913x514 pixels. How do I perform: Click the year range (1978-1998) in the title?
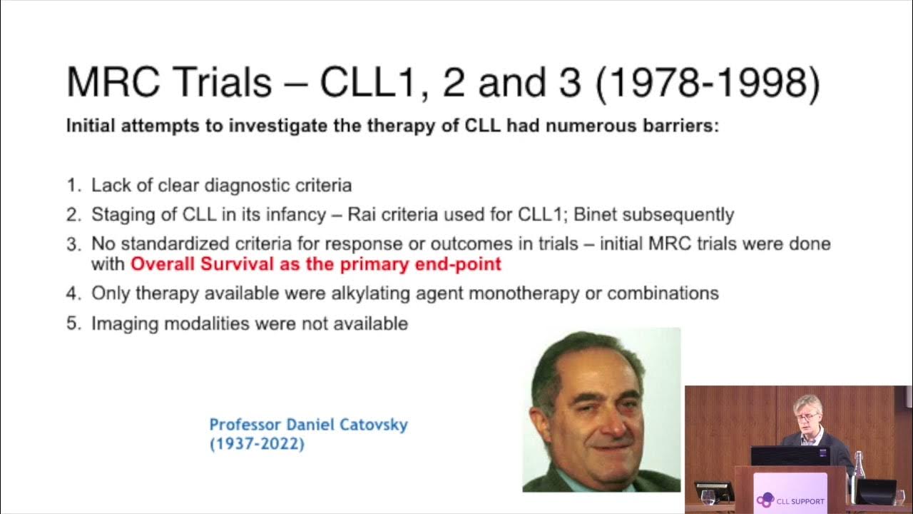pos(707,83)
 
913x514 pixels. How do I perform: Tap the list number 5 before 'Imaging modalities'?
pos(73,323)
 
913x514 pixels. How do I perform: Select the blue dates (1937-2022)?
pos(257,444)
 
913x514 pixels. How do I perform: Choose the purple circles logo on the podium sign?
pos(765,500)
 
